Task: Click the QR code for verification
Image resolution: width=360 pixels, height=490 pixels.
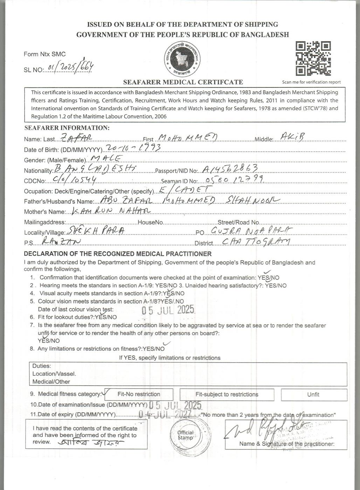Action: tap(313, 58)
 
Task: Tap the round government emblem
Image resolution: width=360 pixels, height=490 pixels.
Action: tap(183, 60)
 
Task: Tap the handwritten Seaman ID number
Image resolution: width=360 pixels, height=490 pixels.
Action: tap(231, 180)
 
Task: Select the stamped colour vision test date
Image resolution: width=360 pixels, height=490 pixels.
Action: tap(167, 310)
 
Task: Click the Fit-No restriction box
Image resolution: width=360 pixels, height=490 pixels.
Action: tap(139, 394)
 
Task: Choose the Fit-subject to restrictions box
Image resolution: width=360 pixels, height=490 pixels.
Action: tap(227, 394)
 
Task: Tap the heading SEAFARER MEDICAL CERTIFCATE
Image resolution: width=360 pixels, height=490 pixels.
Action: tap(183, 82)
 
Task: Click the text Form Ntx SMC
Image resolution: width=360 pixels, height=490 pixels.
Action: tap(44, 54)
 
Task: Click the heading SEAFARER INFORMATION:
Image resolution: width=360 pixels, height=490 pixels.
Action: tap(67, 128)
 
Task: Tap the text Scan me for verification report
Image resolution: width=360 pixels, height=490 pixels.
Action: tap(311, 82)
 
